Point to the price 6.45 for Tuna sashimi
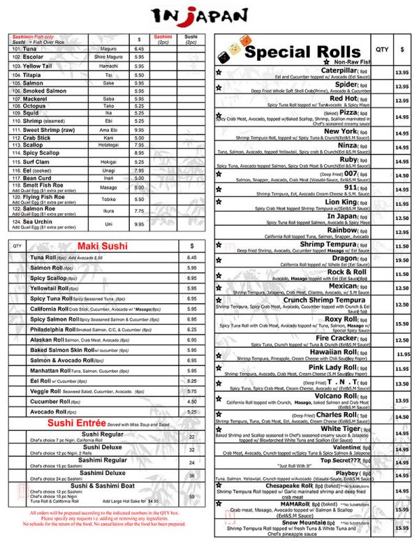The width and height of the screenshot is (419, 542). pos(139,49)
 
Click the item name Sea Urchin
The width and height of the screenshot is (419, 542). pos(30,221)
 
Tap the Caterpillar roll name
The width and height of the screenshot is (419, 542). pos(339,71)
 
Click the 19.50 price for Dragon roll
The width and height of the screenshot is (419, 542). pos(402,260)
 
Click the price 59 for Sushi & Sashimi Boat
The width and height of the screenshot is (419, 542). pos(192,497)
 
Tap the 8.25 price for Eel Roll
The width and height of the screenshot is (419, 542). pos(192,381)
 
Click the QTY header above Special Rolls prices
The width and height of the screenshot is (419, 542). pos(382,50)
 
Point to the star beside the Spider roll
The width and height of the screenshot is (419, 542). pos(219,87)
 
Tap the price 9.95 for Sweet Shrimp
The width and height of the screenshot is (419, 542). pos(139,130)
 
